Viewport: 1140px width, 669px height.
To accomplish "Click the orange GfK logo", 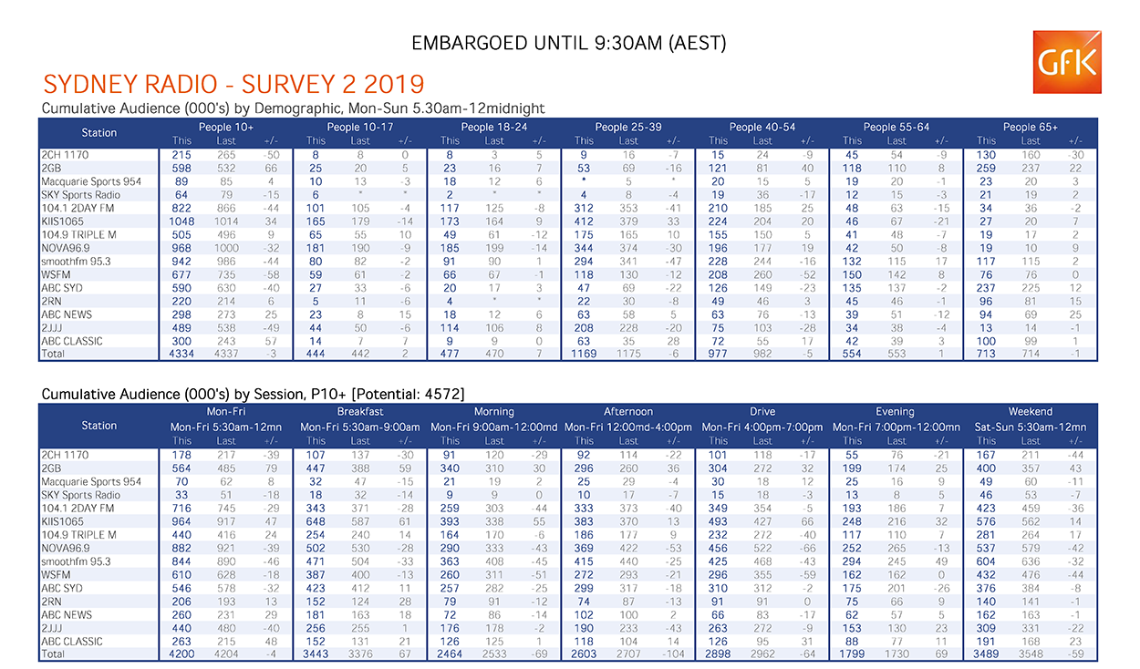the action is coord(1067,62).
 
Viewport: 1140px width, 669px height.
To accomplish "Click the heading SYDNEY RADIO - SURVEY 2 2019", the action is coord(233,84).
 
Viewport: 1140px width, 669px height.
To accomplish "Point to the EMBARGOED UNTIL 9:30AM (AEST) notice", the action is coord(568,43).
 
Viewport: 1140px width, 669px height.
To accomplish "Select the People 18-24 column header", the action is coord(493,128).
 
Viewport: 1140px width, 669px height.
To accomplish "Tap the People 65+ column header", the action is coord(1030,128).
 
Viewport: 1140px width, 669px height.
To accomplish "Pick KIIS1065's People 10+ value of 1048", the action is coord(181,221).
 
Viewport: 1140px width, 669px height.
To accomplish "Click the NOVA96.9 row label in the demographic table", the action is coord(65,248).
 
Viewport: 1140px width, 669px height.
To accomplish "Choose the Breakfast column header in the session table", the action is coord(360,412).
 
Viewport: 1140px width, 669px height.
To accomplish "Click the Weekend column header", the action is coord(1030,412).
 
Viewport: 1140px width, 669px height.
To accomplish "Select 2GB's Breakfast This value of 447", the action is coord(315,468).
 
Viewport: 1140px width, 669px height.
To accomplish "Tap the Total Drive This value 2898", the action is coord(718,654).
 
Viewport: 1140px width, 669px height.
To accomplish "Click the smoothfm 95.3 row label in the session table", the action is coord(76,561).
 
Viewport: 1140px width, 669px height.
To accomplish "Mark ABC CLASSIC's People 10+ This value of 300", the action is coord(181,342).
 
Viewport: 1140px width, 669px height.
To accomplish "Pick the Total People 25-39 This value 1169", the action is coord(584,354).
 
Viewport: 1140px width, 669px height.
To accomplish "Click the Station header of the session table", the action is coord(98,426).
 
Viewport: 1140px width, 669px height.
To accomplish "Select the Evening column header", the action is coord(895,412).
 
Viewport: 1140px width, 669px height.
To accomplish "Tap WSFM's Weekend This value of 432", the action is coord(986,575).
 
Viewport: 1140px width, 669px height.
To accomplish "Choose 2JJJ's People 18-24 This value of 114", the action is coord(450,328).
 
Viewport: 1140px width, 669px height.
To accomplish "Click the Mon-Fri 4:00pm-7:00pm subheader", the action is coord(762,427).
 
